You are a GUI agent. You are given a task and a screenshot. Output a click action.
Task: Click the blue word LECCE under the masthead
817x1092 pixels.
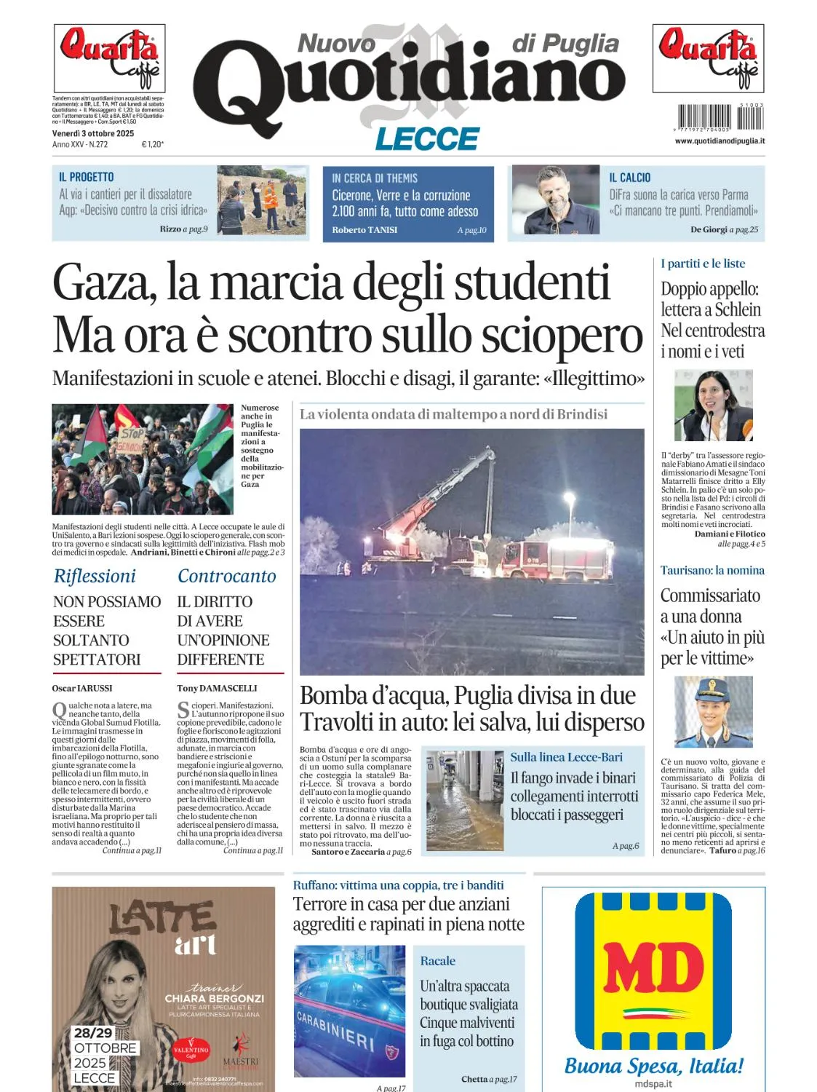point(427,138)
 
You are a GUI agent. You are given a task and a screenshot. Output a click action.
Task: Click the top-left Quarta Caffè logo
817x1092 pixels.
point(109,58)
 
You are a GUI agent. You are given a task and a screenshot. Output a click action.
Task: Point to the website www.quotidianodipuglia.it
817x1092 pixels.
point(720,141)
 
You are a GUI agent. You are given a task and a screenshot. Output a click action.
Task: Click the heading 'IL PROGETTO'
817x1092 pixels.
point(86,177)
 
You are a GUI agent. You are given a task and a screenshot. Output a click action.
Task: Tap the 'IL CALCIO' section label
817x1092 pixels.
point(629,178)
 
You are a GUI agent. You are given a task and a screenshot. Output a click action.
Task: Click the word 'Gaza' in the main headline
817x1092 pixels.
point(105,282)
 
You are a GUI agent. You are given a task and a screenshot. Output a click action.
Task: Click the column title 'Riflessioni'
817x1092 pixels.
point(95,576)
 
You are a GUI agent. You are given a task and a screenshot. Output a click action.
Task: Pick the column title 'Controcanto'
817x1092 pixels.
point(227,576)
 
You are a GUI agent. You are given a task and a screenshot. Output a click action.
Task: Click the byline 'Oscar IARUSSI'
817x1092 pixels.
point(82,688)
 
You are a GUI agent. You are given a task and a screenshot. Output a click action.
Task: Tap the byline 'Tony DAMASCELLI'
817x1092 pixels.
point(217,688)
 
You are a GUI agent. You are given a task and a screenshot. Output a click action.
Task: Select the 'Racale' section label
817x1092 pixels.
point(437,961)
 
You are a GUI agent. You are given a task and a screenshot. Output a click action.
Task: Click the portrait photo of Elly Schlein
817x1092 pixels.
point(713,405)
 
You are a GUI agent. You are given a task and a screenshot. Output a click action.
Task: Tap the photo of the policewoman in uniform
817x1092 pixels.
point(713,712)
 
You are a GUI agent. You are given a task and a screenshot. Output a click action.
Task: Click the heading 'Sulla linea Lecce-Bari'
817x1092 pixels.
point(566,757)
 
